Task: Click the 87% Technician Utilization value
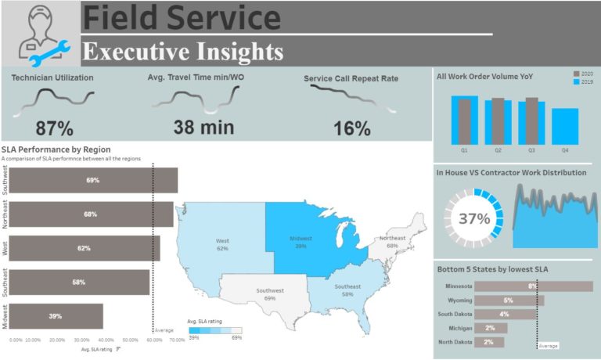55,128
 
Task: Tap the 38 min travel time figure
195,128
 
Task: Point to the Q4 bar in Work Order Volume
565,124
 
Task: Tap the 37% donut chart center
473,219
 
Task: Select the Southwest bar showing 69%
93,180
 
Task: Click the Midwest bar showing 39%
56,316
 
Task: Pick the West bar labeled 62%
85,248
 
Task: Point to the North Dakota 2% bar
489,342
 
